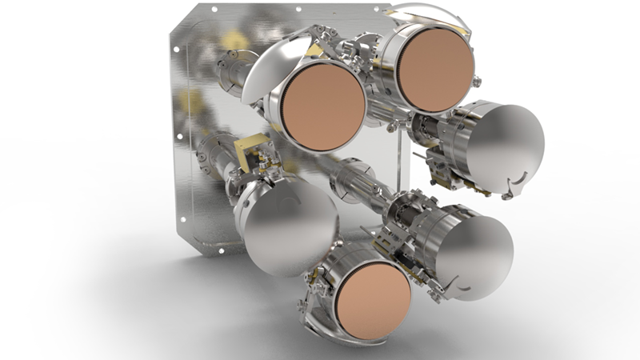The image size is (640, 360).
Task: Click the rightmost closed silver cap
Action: (x=504, y=148)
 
